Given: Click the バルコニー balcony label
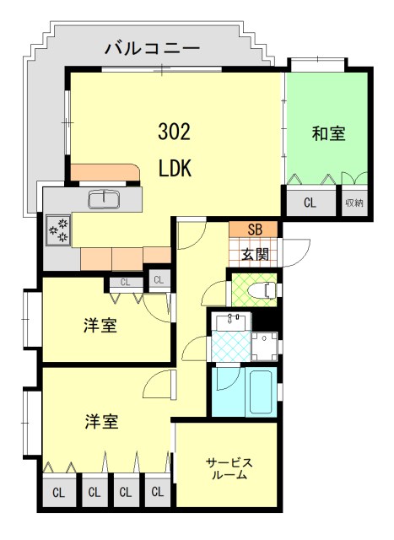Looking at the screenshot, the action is [x=152, y=48].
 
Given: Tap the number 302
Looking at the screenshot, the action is [x=175, y=132].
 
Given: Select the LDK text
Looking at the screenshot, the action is [x=175, y=168].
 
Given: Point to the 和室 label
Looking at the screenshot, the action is [x=328, y=133].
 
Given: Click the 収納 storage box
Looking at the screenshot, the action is [x=354, y=202].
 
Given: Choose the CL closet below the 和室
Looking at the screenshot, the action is [x=310, y=202].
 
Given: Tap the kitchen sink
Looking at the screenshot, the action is [x=104, y=199].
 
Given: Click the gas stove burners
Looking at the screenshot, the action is [x=58, y=230].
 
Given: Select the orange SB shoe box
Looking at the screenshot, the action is [x=254, y=229].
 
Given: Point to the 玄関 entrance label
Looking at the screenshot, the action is [x=255, y=254].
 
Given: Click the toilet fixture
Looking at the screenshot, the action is [x=267, y=289].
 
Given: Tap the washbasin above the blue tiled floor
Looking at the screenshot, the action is [x=231, y=321].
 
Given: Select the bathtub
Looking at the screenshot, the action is [x=262, y=391].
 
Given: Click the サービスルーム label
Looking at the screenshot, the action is [x=229, y=469].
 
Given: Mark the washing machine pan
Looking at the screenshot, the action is [x=264, y=346].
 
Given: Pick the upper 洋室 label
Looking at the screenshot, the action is [x=100, y=326].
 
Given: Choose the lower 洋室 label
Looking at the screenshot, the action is [x=101, y=421].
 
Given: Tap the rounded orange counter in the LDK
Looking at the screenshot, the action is [x=105, y=172].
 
